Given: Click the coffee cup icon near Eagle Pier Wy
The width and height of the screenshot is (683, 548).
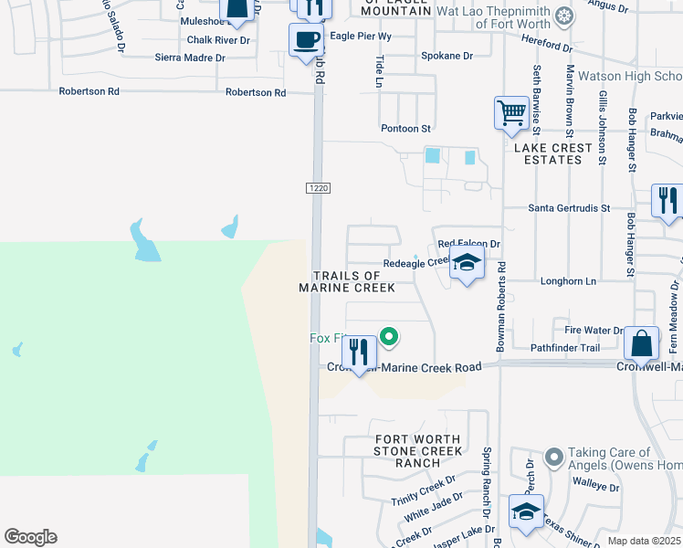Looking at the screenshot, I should pyautogui.click(x=306, y=40).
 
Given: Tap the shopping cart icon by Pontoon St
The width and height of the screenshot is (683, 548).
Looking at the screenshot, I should pyautogui.click(x=511, y=114).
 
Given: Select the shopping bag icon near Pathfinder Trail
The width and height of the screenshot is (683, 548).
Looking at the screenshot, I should pyautogui.click(x=643, y=344).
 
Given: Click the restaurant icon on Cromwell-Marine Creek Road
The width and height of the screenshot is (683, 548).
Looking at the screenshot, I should pyautogui.click(x=359, y=352).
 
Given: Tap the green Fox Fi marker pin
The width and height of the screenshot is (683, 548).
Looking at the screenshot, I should pyautogui.click(x=389, y=338).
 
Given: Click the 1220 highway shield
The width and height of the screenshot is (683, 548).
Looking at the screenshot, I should pyautogui.click(x=317, y=187).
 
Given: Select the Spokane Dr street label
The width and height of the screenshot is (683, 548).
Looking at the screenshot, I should pyautogui.click(x=447, y=56).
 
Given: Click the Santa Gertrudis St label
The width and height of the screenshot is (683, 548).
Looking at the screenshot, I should pyautogui.click(x=569, y=208).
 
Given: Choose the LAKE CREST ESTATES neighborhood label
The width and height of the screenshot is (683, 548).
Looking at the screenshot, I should pyautogui.click(x=548, y=153).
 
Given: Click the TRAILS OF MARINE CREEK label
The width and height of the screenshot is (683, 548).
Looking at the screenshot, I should pyautogui.click(x=347, y=281).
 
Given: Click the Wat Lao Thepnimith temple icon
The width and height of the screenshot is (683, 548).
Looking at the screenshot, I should pyautogui.click(x=565, y=16).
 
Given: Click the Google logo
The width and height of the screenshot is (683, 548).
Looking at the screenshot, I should pyautogui.click(x=30, y=537).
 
